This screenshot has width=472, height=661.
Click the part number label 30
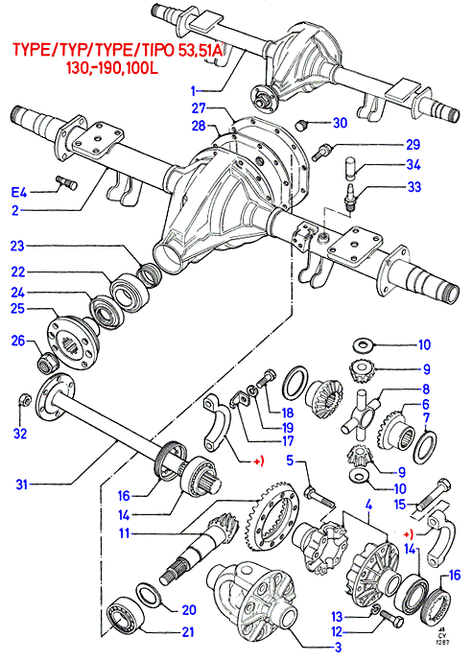coord(341,123)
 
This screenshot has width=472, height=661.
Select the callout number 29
coord(413,145)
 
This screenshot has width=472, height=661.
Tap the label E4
coord(19,193)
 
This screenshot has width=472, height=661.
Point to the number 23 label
coord(17,246)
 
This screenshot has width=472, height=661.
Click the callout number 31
coord(21,484)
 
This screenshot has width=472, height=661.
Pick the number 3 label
coord(338,647)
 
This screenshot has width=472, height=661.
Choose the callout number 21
coord(188,631)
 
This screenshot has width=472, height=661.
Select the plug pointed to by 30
coord(301,125)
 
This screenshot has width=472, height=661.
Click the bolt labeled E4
coord(66,182)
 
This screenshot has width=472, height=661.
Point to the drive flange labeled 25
coord(72,340)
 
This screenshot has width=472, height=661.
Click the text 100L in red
coord(142,68)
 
